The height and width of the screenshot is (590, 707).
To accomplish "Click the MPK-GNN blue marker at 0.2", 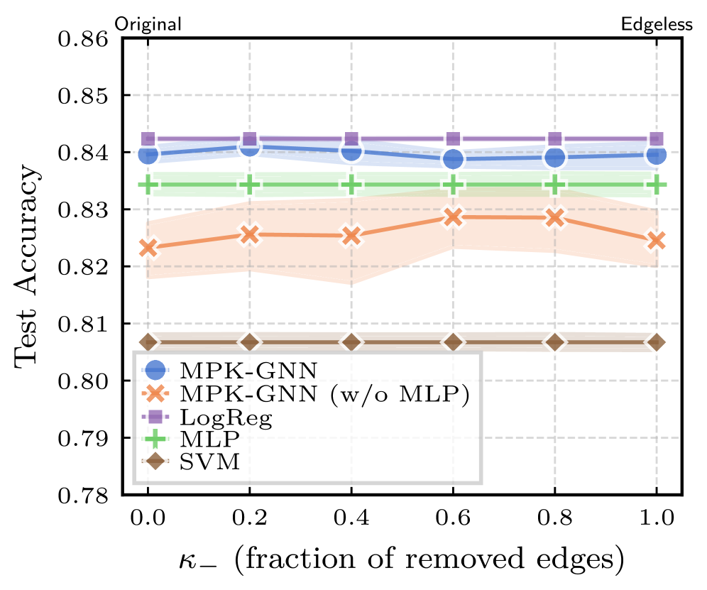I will (x=249, y=147).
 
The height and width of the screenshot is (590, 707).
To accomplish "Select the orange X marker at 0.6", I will (x=453, y=217).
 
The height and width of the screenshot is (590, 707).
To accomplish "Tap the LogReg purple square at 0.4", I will (x=351, y=139).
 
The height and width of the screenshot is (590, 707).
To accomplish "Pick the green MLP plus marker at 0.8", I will (x=555, y=185).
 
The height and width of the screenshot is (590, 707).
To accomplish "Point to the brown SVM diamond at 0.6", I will (x=453, y=342).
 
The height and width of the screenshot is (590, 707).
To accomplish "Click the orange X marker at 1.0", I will (x=657, y=241).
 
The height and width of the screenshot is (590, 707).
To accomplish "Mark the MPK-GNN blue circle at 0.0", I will (x=148, y=153).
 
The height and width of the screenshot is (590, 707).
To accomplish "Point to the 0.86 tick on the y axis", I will (x=84, y=38).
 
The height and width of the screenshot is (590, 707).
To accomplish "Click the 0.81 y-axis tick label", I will (x=84, y=324).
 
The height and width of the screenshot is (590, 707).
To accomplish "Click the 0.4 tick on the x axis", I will (x=351, y=519).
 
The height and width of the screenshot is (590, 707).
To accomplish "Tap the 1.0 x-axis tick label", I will (x=657, y=519).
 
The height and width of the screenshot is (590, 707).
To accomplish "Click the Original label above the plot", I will (x=148, y=24).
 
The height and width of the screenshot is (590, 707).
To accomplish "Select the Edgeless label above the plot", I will (x=657, y=24).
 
